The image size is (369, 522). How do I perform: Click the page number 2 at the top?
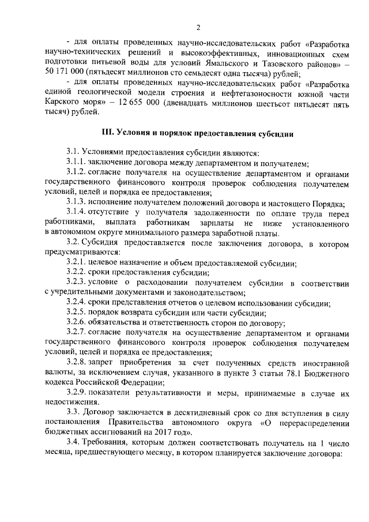(x=198, y=28)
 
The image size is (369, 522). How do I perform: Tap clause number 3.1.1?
(x=78, y=163)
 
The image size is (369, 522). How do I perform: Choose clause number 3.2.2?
(x=78, y=272)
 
